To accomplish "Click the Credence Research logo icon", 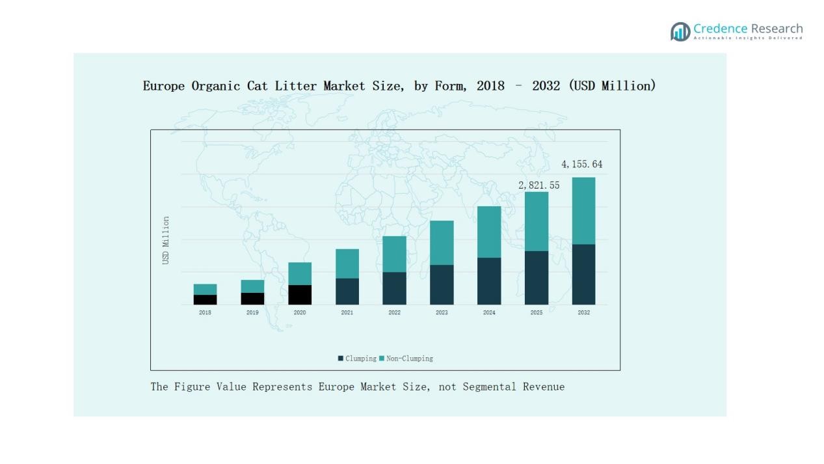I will pyautogui.click(x=680, y=31).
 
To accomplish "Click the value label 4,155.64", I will pyautogui.click(x=581, y=165).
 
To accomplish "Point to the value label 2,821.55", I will pyautogui.click(x=538, y=185).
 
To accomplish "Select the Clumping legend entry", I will pyautogui.click(x=357, y=359).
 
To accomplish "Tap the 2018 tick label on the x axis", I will pyautogui.click(x=205, y=313).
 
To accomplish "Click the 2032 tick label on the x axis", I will pyautogui.click(x=583, y=313).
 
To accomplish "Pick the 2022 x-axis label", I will pyautogui.click(x=394, y=313).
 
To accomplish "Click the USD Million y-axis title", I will pyautogui.click(x=166, y=240).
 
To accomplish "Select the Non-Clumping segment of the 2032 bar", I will pyautogui.click(x=583, y=211).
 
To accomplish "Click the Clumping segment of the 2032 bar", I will pyautogui.click(x=583, y=274).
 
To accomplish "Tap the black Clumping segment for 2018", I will pyautogui.click(x=205, y=299).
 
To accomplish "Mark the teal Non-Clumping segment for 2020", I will pyautogui.click(x=300, y=273).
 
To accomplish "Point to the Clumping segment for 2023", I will pyautogui.click(x=442, y=284).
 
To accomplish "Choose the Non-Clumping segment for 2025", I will pyautogui.click(x=537, y=221).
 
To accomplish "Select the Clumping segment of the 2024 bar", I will pyautogui.click(x=489, y=281).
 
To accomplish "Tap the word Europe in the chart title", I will pyautogui.click(x=164, y=86).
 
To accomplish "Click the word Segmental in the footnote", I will pyautogui.click(x=489, y=387).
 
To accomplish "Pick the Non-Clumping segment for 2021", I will pyautogui.click(x=347, y=264).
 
